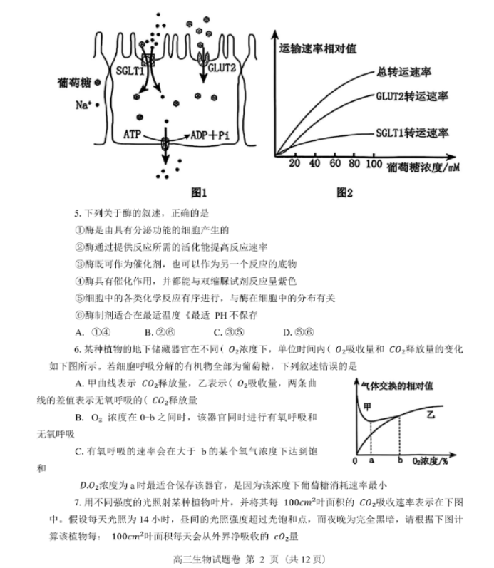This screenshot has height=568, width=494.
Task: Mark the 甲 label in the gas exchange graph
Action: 369,407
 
